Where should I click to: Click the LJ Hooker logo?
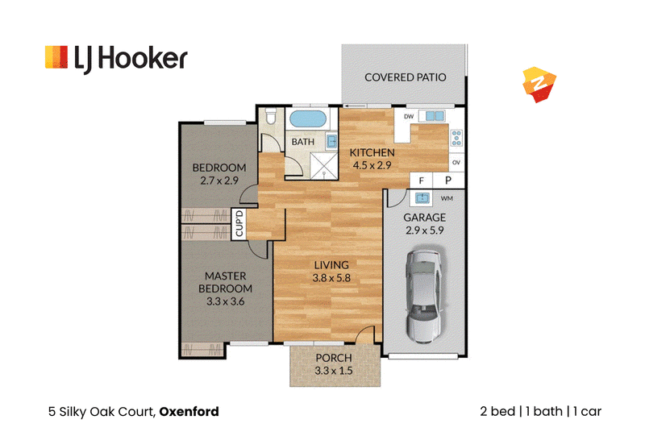point(116,59)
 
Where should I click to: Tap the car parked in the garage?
point(426,296)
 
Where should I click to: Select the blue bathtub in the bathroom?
point(308,119)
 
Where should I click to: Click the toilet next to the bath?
point(270,116)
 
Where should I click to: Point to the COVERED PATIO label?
point(406,77)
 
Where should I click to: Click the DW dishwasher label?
point(409,116)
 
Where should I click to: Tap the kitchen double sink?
point(435,116)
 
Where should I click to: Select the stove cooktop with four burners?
point(456,138)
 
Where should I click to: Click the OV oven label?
point(456,162)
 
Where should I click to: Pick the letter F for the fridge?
point(421,181)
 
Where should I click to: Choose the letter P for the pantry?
point(448,180)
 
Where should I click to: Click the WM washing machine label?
point(447,198)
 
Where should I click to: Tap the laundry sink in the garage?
point(422,198)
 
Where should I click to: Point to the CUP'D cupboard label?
point(239,223)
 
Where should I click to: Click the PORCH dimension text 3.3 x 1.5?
point(334,371)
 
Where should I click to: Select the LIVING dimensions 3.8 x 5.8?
point(331,278)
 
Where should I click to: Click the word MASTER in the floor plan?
point(226,276)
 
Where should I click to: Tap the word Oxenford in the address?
point(189,412)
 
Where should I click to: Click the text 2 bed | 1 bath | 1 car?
point(540,412)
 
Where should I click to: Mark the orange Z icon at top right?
point(539,85)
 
